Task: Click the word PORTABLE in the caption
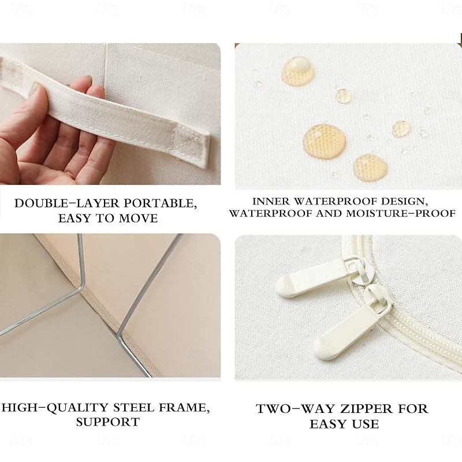(160, 204)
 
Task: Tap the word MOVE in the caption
(138, 218)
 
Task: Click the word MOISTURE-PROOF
(401, 213)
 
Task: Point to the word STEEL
(134, 408)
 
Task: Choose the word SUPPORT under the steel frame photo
(107, 422)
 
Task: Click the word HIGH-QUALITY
(55, 408)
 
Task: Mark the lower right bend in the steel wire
(120, 339)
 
